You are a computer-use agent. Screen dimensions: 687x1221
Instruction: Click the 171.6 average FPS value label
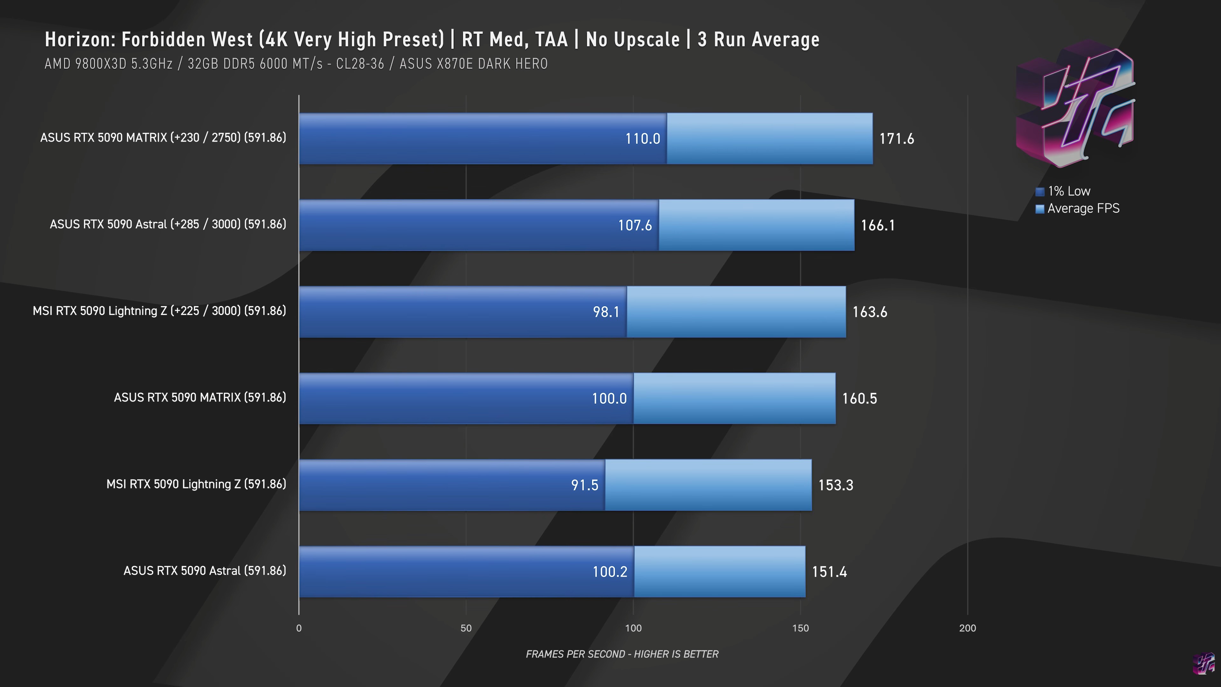896,138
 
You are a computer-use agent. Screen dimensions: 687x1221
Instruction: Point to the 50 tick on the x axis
466,628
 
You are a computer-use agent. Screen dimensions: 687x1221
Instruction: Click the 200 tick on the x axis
968,628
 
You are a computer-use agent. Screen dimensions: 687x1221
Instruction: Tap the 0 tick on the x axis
299,628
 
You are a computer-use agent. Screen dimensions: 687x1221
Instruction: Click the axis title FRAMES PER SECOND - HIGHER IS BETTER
622,654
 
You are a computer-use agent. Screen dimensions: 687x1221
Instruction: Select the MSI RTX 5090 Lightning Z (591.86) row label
196,484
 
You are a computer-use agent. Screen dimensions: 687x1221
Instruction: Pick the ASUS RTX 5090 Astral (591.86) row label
205,570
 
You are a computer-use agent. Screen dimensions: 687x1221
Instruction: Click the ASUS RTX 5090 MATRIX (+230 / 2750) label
163,137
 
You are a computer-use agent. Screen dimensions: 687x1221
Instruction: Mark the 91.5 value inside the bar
585,485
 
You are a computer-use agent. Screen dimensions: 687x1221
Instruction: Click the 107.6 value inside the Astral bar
635,225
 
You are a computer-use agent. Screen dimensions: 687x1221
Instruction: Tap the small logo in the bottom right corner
1204,663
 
